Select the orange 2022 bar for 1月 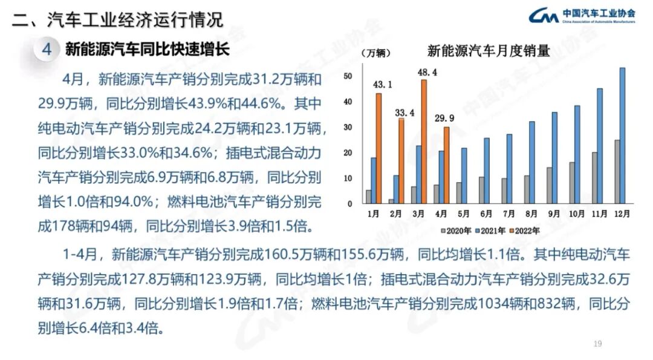click(x=378, y=149)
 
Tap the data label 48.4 click(x=423, y=73)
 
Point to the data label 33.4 click(x=401, y=112)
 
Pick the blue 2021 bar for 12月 click(x=623, y=136)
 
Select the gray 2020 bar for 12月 click(x=617, y=172)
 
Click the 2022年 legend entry click(x=525, y=230)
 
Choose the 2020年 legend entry click(x=458, y=230)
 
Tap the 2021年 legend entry click(x=491, y=230)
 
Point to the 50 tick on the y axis click(x=348, y=76)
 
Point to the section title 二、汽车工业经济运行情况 click(x=117, y=19)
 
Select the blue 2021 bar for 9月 click(x=554, y=158)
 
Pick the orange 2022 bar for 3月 click(x=424, y=142)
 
